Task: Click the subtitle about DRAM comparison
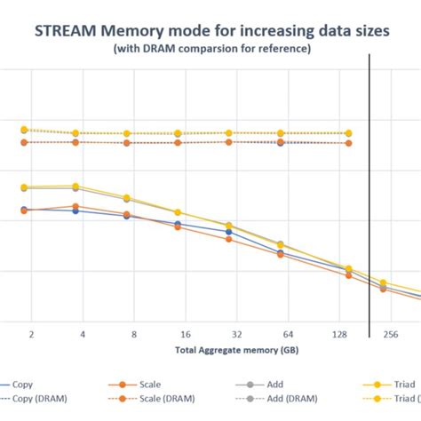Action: click(211, 49)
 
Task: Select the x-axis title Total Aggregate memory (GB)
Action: click(210, 351)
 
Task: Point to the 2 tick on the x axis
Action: click(31, 335)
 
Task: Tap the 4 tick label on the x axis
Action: click(83, 335)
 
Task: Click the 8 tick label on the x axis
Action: click(134, 335)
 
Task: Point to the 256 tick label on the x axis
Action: click(389, 335)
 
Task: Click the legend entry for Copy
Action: click(24, 385)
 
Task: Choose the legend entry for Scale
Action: click(150, 385)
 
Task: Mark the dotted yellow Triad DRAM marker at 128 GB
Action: click(347, 133)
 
